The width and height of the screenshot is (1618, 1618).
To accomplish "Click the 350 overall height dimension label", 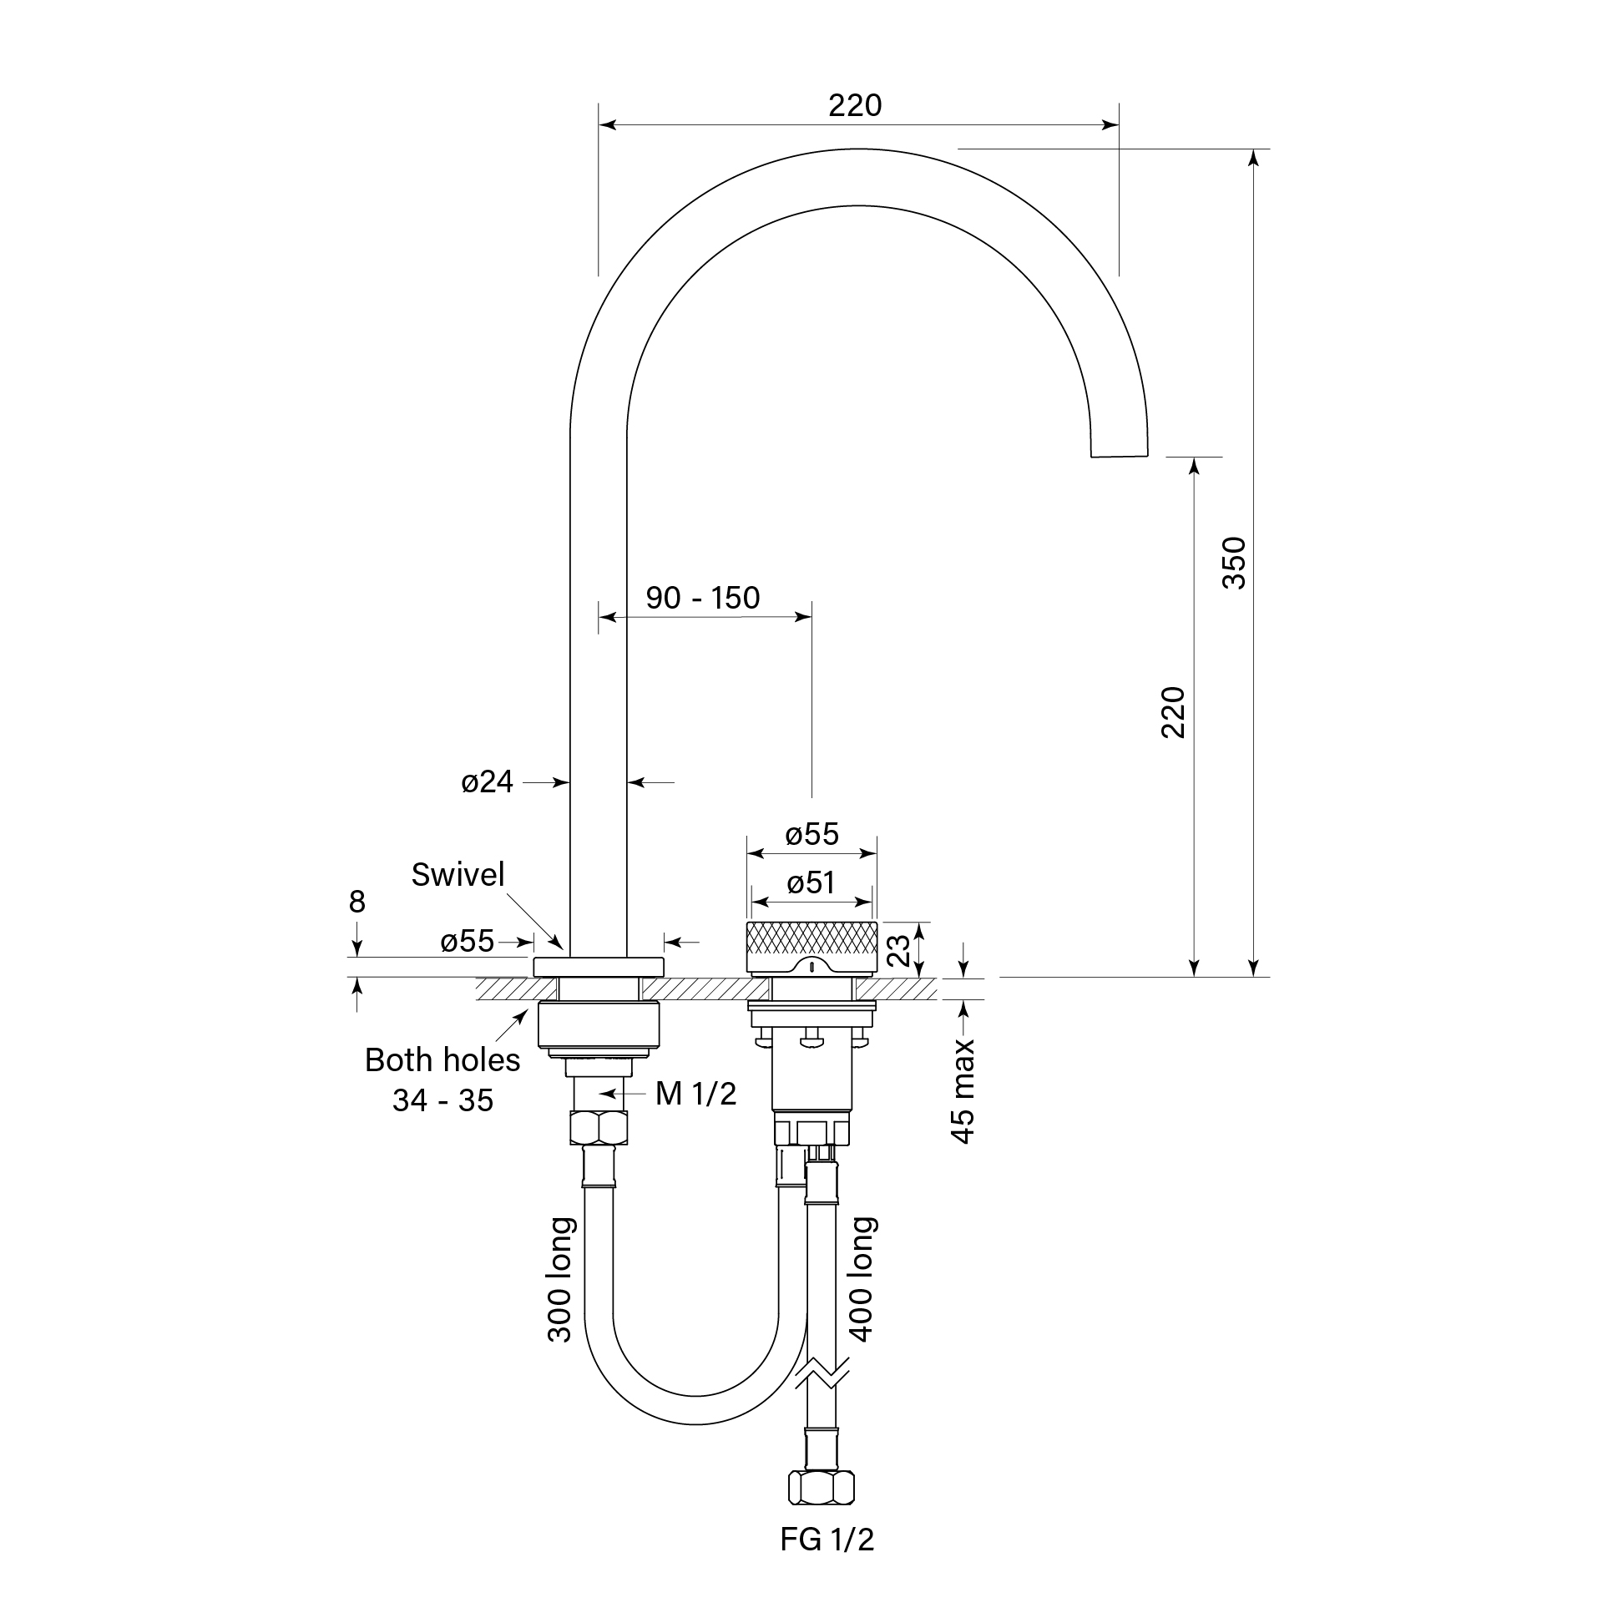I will tap(1235, 563).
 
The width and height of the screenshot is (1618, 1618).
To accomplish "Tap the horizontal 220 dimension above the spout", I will tap(855, 105).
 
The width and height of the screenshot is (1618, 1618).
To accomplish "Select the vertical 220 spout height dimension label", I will tap(1173, 712).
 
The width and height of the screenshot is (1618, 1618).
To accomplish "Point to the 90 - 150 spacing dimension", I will tap(703, 598).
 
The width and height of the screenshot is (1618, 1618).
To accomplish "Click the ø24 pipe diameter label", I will tap(487, 782).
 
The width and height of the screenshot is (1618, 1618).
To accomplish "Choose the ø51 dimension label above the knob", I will tap(811, 882).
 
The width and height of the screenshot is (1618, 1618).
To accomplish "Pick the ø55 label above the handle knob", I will tap(812, 834).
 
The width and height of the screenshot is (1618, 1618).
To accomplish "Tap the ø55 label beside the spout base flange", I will tap(468, 941).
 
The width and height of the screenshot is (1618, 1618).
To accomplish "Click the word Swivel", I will tap(458, 875).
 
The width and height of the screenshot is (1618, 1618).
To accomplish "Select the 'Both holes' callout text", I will tap(442, 1060).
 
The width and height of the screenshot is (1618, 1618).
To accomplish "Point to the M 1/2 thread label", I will tap(696, 1094).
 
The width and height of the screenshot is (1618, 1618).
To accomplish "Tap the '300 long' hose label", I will tap(559, 1280).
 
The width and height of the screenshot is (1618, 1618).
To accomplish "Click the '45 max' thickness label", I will tap(964, 1091).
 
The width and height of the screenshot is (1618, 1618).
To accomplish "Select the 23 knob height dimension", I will tap(897, 951).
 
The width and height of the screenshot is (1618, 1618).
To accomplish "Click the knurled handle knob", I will tap(812, 941).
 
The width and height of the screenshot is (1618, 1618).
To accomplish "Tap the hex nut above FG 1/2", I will tap(821, 1489).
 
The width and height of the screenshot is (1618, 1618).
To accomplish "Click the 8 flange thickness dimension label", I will tap(356, 902).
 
